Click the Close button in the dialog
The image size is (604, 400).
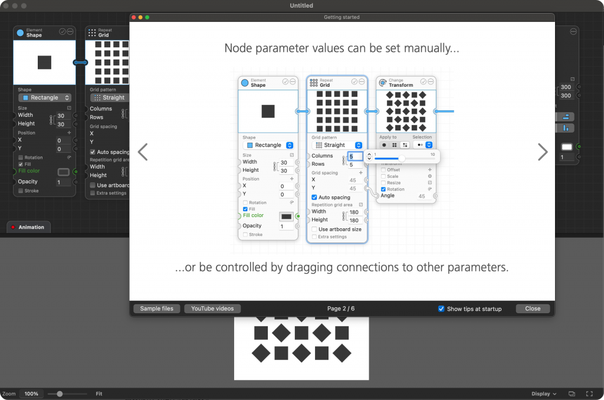(533, 309)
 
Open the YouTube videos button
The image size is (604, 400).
(212, 309)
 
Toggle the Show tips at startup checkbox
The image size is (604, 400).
(441, 309)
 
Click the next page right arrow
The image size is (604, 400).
(543, 152)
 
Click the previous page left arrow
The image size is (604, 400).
(142, 152)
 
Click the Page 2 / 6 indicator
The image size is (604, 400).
(341, 309)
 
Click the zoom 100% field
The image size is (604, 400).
(31, 394)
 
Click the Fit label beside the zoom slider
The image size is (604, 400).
(100, 394)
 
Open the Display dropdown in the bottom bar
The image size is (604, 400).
(544, 394)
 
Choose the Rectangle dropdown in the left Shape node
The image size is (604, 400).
(45, 98)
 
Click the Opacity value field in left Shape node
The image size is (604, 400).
(63, 182)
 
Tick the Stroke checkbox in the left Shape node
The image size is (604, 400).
(21, 191)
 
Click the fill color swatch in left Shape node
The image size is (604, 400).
(63, 172)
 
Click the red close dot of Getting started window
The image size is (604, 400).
(134, 17)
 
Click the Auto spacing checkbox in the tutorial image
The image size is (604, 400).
(314, 198)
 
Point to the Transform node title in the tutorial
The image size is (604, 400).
(401, 85)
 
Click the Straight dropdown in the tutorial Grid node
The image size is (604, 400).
(337, 145)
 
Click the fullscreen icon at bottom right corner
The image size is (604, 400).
(589, 394)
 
